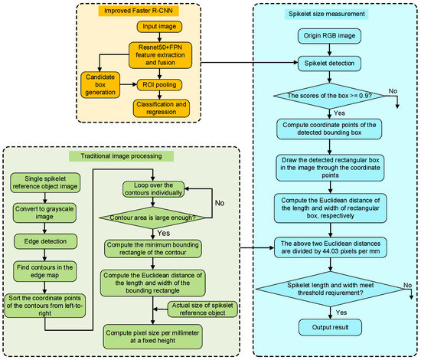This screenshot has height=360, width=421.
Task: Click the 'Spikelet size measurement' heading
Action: tap(327, 14)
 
